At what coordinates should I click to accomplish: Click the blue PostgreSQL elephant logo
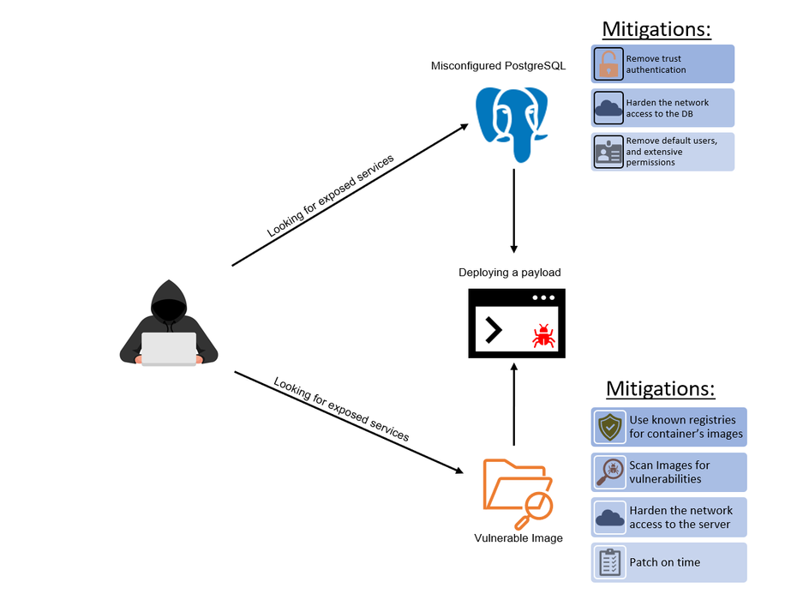point(513,123)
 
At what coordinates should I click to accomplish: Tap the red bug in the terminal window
point(542,335)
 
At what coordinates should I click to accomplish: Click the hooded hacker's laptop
point(169,348)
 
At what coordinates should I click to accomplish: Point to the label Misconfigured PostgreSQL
point(498,66)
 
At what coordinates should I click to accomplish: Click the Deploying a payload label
point(509,273)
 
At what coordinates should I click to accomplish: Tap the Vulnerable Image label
point(518,538)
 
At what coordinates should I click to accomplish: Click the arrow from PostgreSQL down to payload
point(513,210)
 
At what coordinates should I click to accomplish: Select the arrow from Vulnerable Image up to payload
point(513,403)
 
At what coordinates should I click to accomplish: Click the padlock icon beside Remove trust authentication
point(608,64)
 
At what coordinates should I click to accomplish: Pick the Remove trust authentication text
point(656,64)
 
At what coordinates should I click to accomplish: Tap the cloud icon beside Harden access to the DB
point(608,108)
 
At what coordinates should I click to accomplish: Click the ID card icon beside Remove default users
point(608,152)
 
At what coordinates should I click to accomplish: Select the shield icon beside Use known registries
point(610,427)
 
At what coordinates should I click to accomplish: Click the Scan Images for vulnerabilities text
point(669,472)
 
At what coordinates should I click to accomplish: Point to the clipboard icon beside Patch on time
point(610,562)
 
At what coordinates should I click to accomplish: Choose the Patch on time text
point(664,562)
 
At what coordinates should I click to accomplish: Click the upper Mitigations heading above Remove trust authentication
point(656,28)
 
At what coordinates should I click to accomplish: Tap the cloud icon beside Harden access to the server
point(610,517)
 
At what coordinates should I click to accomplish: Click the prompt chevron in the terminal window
point(493,330)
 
